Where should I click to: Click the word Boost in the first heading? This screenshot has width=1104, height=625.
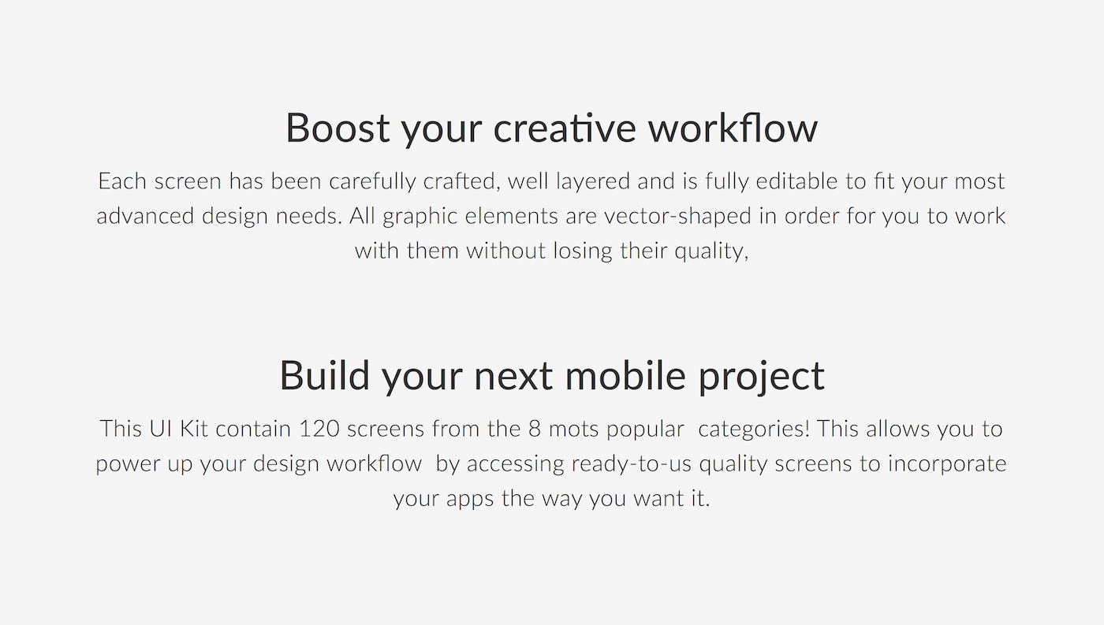[338, 128]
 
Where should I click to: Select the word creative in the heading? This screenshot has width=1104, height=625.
[565, 128]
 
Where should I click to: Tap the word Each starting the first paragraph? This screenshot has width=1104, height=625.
[122, 181]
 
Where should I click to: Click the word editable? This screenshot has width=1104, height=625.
[796, 181]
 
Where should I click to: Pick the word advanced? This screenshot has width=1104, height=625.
[145, 216]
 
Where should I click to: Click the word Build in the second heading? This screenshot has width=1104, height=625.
[324, 376]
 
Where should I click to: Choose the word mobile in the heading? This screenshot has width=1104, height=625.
[625, 376]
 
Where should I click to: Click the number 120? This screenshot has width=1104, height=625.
[319, 429]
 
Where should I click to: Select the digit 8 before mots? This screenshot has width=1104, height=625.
[535, 429]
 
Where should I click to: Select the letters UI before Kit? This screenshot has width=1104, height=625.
[160, 429]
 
